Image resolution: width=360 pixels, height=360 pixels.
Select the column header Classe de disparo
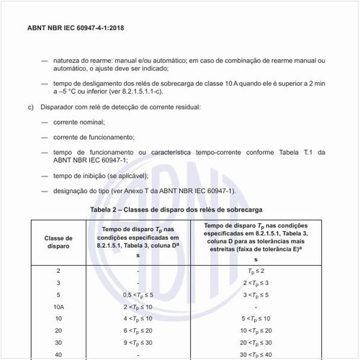coord(58,243)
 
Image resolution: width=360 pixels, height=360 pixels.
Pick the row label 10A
coord(58,307)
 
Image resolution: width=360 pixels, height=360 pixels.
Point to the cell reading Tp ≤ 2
coord(256,270)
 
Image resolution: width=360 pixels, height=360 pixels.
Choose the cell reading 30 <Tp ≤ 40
coord(256,355)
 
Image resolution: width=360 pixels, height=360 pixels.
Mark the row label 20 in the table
coord(58,330)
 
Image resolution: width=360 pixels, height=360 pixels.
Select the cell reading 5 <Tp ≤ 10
coord(256,318)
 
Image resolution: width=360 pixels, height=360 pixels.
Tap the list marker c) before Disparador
coord(31,107)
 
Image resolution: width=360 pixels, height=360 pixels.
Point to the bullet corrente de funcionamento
coord(93,137)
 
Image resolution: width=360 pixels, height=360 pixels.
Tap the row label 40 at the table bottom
coord(58,355)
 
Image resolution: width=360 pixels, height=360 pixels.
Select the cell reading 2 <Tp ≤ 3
coord(256,283)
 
